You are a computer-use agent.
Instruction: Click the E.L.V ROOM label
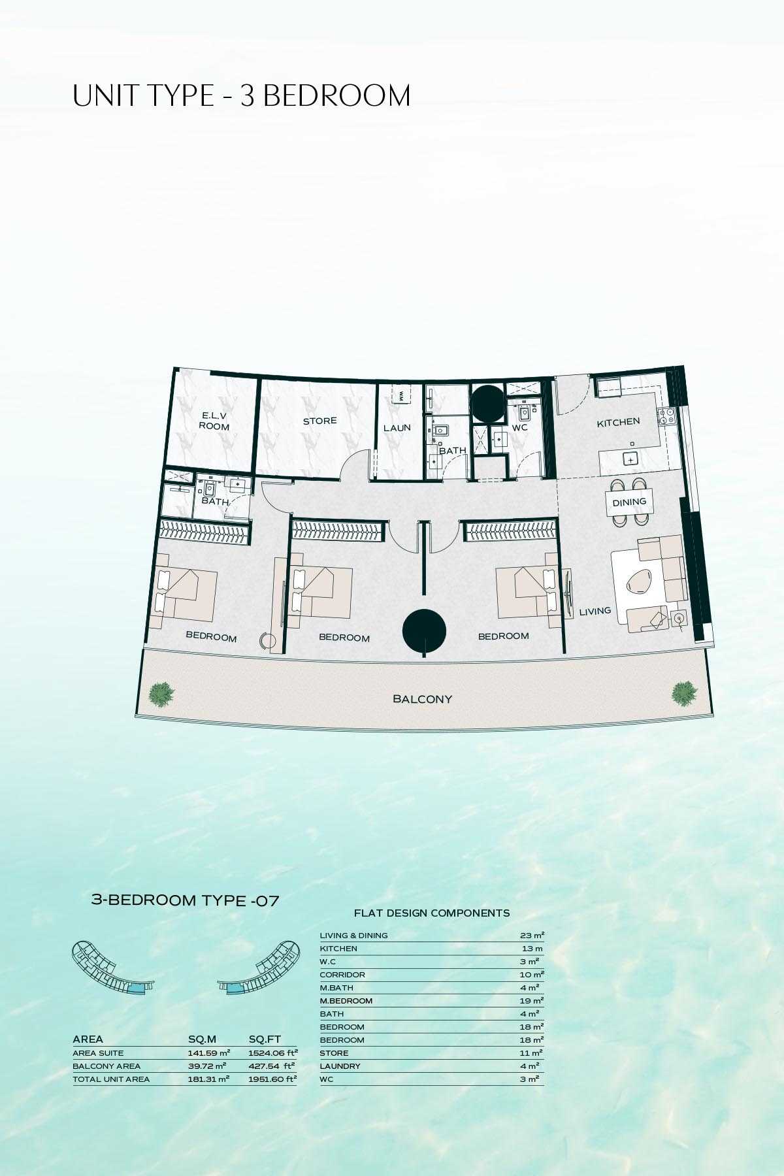[214, 421]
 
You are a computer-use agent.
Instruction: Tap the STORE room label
[319, 421]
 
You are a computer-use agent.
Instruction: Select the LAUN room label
[397, 428]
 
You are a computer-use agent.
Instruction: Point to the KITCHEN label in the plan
[618, 423]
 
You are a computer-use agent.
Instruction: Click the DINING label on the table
[629, 502]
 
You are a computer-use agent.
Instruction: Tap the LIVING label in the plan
[595, 612]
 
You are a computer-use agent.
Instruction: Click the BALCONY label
[422, 699]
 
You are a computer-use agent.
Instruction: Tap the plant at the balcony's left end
[161, 694]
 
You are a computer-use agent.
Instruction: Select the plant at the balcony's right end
[684, 693]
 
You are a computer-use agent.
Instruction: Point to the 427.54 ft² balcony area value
[272, 1066]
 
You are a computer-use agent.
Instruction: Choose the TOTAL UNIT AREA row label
[111, 1079]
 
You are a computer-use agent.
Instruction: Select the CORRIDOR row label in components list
[342, 975]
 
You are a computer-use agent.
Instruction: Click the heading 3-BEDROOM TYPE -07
[185, 900]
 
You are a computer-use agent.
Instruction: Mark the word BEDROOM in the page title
[336, 96]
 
